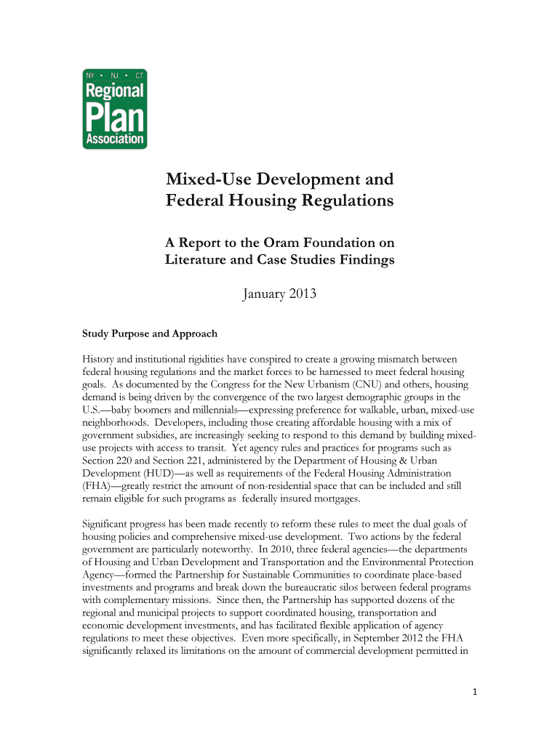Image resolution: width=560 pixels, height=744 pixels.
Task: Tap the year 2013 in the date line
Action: (x=299, y=295)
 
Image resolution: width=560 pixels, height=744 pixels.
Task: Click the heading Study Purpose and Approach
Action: (x=149, y=333)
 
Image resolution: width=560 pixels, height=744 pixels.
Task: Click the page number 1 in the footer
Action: (x=473, y=692)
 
